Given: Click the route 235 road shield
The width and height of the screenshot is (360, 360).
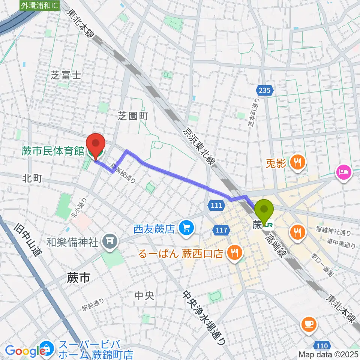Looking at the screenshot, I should pyautogui.click(x=266, y=90).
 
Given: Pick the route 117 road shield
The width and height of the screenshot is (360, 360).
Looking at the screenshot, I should pyautogui.click(x=222, y=229).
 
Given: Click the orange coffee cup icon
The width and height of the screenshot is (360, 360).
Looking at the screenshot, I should pyautogui.click(x=309, y=323).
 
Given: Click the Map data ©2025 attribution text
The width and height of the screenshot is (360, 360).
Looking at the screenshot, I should pyautogui.click(x=328, y=354).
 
